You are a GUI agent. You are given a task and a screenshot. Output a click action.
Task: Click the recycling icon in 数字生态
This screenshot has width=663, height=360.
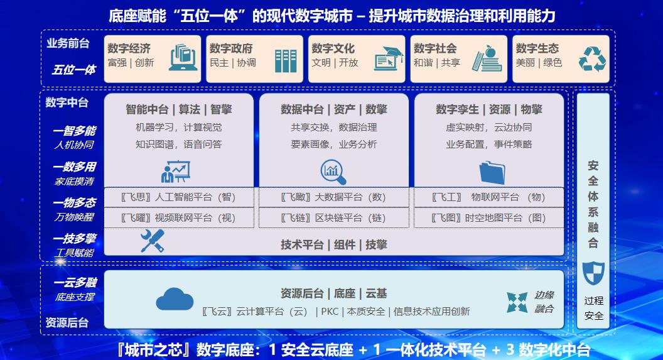click(x=592, y=59)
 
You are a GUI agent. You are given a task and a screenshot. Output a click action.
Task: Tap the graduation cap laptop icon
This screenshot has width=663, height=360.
click(x=389, y=58)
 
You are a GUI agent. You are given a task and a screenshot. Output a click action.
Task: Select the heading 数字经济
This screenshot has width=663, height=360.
click(x=129, y=48)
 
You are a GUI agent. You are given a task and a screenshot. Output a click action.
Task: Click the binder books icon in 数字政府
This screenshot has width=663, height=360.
click(x=286, y=61)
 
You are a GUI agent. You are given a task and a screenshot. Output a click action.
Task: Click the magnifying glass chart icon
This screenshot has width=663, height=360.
click(x=333, y=172)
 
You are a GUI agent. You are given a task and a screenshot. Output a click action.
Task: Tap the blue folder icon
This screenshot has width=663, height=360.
click(x=492, y=173)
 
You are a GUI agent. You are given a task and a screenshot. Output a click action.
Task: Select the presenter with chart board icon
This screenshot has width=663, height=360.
click(x=175, y=172)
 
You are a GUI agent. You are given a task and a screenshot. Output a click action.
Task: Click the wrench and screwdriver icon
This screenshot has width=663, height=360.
click(x=152, y=241)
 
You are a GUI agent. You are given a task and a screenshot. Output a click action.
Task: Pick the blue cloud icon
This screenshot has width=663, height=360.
click(x=175, y=298)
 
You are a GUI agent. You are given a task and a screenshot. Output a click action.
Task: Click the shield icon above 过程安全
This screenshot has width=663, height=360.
click(x=593, y=273)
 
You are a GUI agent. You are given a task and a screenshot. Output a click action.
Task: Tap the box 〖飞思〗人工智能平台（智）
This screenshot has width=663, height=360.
click(x=179, y=197)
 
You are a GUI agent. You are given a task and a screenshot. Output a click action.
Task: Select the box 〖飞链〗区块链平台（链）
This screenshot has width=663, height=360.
click(x=333, y=218)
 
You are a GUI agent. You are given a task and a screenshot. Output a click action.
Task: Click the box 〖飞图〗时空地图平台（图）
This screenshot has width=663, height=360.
click(x=489, y=218)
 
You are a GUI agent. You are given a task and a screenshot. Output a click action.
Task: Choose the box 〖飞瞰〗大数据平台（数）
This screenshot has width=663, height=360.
click(x=333, y=197)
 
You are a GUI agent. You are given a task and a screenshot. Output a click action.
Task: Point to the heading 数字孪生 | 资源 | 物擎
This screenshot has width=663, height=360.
click(x=489, y=109)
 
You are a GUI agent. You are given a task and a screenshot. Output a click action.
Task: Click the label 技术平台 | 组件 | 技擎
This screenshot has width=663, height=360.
click(x=333, y=244)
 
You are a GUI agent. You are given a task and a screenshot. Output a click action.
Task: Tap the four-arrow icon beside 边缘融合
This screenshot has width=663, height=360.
click(x=517, y=302)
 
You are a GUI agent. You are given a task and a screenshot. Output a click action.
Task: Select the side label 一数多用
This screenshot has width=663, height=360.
click(x=75, y=166)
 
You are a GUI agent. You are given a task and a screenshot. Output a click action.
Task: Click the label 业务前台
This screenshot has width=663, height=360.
click(x=68, y=43)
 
